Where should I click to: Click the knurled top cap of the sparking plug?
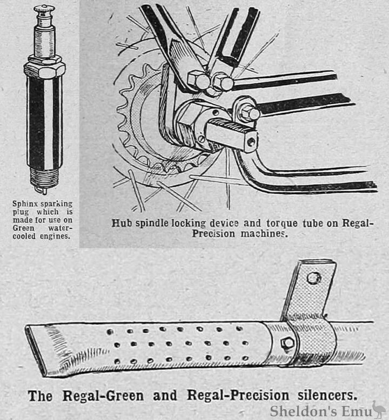(44, 9)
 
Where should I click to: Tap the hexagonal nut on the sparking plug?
(44, 70)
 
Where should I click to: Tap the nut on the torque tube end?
(249, 114)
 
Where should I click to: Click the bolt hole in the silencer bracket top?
(313, 278)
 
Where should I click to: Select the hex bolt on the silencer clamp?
(287, 343)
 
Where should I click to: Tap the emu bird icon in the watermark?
(379, 409)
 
